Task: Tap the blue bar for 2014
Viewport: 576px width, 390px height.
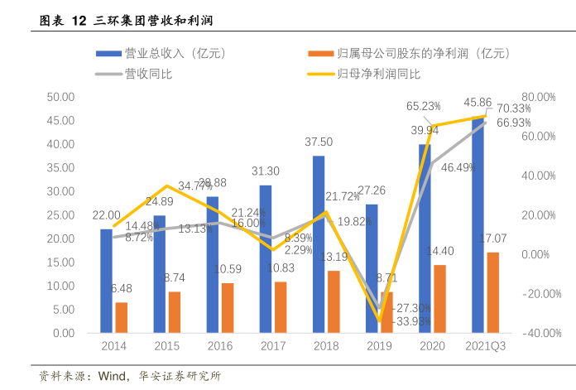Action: point(106,281)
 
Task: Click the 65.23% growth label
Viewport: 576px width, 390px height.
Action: point(423,106)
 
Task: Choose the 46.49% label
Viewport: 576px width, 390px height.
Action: point(458,167)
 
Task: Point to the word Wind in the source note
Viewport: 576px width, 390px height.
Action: point(112,377)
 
